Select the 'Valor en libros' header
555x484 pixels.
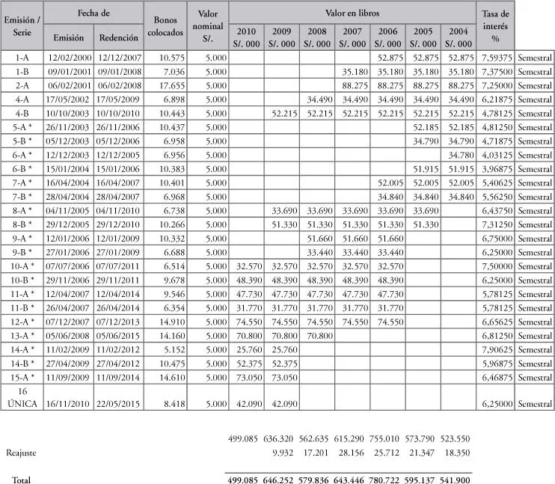point(353,13)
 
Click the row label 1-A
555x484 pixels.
point(22,57)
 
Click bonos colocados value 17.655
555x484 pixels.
point(168,84)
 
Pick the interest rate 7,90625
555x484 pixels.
point(496,349)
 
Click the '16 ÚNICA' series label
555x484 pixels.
point(22,397)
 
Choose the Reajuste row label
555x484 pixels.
point(21,453)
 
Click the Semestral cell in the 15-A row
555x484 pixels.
point(534,376)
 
